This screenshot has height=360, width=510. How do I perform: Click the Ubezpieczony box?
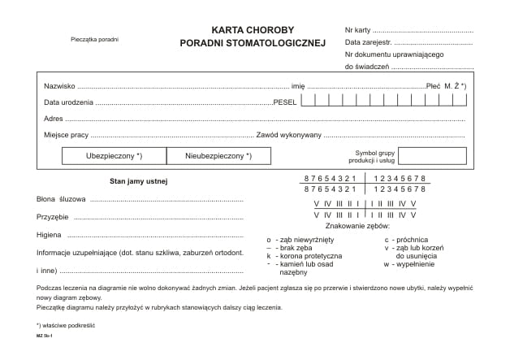pyautogui.click(x=114, y=155)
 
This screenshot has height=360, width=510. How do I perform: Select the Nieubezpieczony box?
pyautogui.click(x=218, y=155)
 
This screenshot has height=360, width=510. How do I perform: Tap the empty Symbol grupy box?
pyautogui.click(x=432, y=155)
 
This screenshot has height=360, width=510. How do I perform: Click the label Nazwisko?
pyautogui.click(x=59, y=85)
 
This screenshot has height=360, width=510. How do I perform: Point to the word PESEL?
pyautogui.click(x=285, y=102)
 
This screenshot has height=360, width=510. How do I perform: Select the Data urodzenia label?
pyautogui.click(x=69, y=102)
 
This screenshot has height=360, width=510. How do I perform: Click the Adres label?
pyautogui.click(x=54, y=119)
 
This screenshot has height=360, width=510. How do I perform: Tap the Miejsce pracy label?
pyautogui.click(x=67, y=135)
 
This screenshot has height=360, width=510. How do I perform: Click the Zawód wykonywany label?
pyautogui.click(x=289, y=135)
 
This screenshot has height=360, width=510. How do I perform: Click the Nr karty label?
pyautogui.click(x=357, y=29)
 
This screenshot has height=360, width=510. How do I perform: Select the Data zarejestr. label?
pyautogui.click(x=368, y=41)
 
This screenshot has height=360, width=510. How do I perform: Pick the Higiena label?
pyautogui.click(x=50, y=235)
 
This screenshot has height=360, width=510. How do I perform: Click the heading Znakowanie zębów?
pyautogui.click(x=358, y=226)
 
